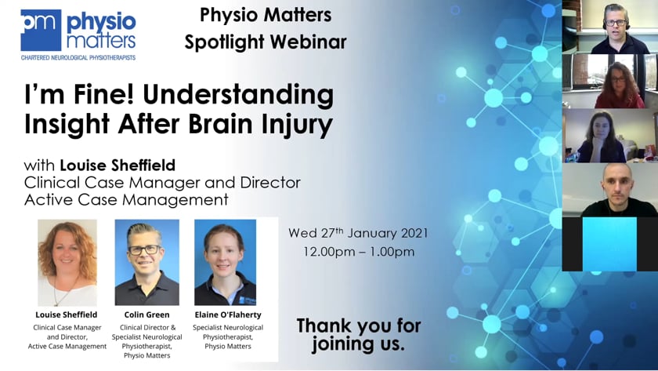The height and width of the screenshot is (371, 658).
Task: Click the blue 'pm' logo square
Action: [41, 30]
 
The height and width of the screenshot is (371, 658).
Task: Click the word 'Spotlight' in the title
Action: [224, 42]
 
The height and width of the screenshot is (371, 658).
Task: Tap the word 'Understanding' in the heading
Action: [238, 95]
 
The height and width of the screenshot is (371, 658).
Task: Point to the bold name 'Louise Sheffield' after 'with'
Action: [117, 165]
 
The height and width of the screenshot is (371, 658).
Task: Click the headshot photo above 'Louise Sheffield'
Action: [67, 263]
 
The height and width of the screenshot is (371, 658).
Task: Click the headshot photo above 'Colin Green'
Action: [147, 262]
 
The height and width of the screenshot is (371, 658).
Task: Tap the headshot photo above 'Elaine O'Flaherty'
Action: [226, 262]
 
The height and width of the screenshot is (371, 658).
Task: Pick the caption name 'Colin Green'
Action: [147, 315]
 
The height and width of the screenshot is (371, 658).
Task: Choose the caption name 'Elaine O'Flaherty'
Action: [228, 315]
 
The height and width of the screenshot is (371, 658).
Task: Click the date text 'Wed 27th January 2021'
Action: [358, 233]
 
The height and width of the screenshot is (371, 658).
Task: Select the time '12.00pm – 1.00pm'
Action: [359, 252]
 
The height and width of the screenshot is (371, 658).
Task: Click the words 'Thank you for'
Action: [359, 326]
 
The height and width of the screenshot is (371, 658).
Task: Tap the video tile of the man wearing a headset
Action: [610, 27]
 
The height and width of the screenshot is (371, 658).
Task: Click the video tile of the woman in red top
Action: [610, 81]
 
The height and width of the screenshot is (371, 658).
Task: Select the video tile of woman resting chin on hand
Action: [610, 136]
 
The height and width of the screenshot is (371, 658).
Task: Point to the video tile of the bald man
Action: [610, 190]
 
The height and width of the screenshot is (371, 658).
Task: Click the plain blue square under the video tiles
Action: [609, 244]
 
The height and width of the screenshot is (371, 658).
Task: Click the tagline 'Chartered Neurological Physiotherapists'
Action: [78, 57]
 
